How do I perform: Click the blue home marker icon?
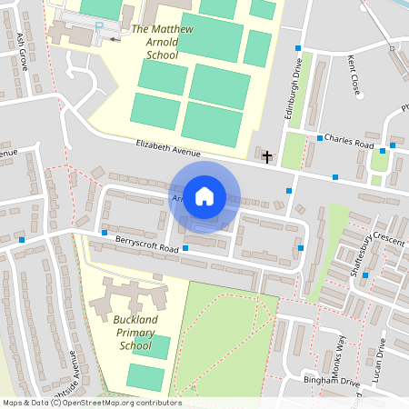coord(204,196)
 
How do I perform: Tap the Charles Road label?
coord(349,142)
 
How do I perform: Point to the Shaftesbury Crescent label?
coord(369,246)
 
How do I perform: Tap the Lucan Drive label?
coord(383,358)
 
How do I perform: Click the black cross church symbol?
coord(267,157)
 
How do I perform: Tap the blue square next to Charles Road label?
coord(320,138)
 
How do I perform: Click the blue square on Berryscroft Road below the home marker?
coord(185,247)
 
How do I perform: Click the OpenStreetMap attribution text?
coord(92,403)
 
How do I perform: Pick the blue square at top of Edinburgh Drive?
coord(297,47)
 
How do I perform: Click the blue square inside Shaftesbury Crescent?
coord(365,274)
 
